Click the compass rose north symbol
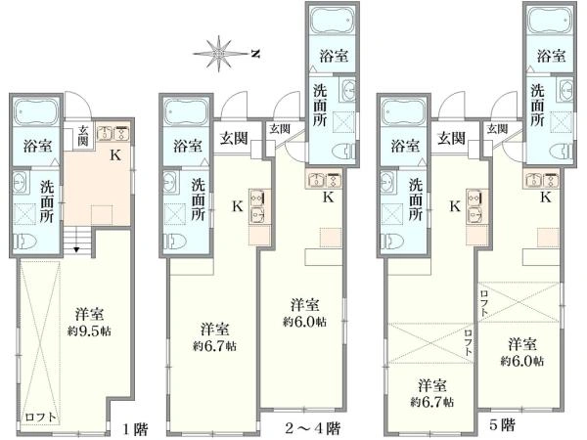[255, 54]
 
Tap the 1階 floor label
[136, 429]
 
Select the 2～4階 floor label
[312, 427]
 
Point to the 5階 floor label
[503, 425]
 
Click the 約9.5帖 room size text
[89, 331]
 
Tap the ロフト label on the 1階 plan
[41, 418]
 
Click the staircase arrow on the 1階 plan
[76, 249]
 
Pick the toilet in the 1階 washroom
[24, 242]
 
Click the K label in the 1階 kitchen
[115, 154]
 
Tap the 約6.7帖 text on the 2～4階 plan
[214, 346]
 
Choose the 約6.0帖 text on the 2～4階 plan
[304, 322]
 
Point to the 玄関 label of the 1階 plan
[83, 136]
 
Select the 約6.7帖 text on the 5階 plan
[432, 402]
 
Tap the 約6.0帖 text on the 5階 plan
[522, 361]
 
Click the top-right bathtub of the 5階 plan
[550, 20]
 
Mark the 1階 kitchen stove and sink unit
[113, 134]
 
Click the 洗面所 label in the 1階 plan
[47, 201]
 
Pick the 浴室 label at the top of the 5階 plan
[551, 56]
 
